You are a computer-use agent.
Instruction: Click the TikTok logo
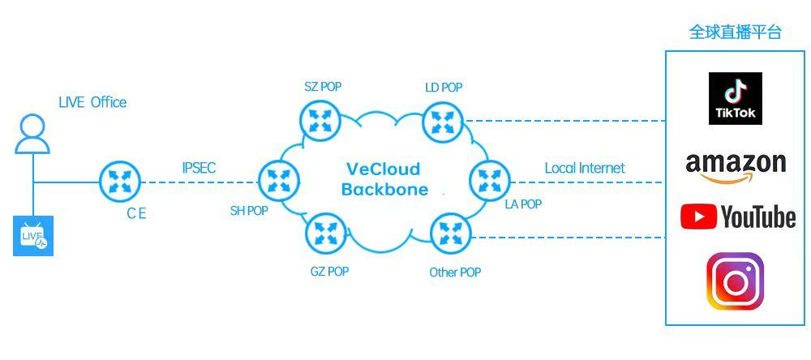coord(736,98)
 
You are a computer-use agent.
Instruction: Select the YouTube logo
coord(737,216)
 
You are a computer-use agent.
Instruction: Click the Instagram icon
coord(736,281)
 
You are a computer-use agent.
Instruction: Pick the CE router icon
coord(120,182)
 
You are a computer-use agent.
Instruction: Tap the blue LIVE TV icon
coord(33,236)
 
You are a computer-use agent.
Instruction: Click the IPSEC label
coord(199,169)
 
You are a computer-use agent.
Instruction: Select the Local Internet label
coord(585,169)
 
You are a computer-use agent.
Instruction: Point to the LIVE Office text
coord(92,102)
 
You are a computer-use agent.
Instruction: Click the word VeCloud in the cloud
coord(384,169)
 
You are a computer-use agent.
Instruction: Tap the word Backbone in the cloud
coord(384,190)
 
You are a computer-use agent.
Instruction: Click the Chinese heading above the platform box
coord(736,32)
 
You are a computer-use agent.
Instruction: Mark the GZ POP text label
coord(329,272)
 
